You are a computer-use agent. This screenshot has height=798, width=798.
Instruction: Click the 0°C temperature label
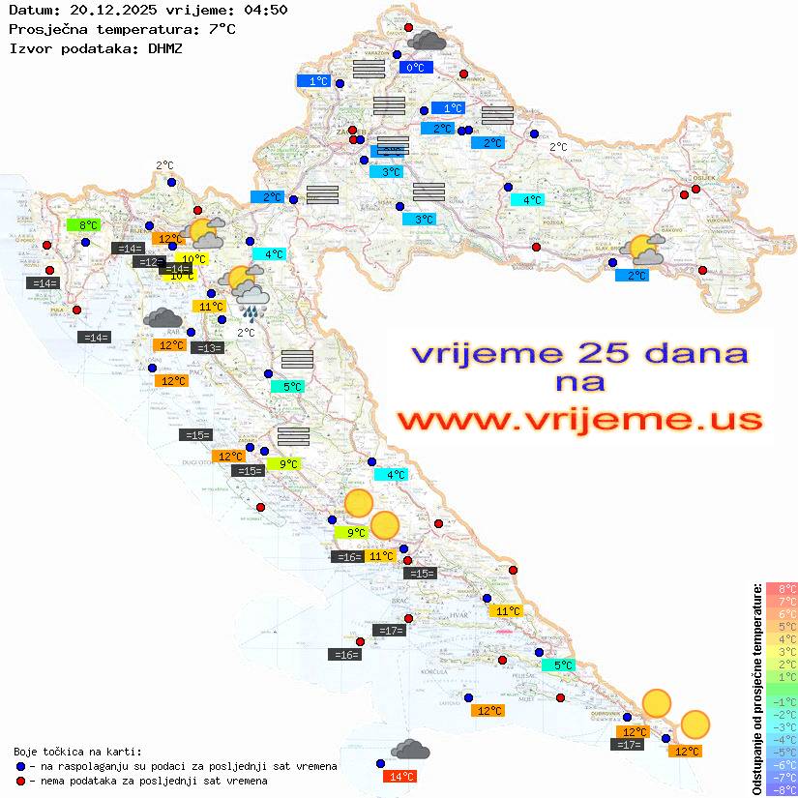pyautogui.click(x=414, y=68)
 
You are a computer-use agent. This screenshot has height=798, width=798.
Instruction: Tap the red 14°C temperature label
pyautogui.click(x=400, y=777)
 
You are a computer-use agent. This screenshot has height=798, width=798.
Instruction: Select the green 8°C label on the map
pyautogui.click(x=83, y=225)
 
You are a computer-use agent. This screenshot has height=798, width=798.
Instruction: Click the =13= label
pyautogui.click(x=207, y=348)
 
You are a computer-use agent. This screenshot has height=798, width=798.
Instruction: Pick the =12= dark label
pyautogui.click(x=149, y=262)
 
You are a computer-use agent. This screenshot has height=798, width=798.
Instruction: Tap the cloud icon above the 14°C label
pyautogui.click(x=410, y=750)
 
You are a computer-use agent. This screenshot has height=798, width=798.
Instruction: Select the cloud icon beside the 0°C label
pyautogui.click(x=427, y=41)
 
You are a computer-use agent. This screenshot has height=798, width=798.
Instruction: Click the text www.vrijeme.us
pyautogui.click(x=579, y=420)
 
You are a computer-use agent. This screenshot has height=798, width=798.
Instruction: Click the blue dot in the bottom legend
pyautogui.click(x=21, y=766)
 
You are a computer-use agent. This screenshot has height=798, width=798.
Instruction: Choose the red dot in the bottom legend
pyautogui.click(x=21, y=781)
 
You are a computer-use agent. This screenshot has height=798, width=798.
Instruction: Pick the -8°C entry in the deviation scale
pyautogui.click(x=781, y=790)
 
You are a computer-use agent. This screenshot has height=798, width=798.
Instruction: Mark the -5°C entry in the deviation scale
pyautogui.click(x=781, y=753)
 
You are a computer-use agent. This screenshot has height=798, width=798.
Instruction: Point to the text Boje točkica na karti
pyautogui.click(x=77, y=751)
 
